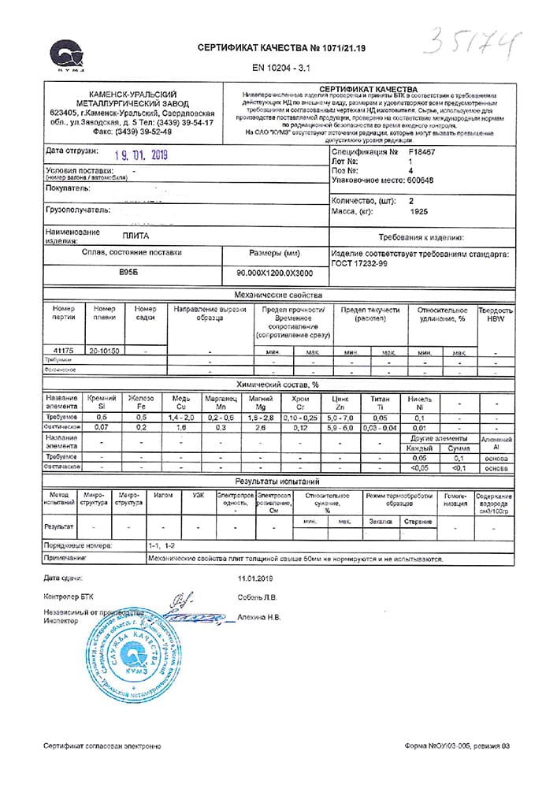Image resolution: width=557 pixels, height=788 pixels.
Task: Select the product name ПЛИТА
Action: click(x=136, y=236)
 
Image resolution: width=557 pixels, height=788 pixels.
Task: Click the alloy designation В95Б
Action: click(x=128, y=272)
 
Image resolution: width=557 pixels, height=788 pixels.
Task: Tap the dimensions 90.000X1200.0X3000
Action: click(x=274, y=273)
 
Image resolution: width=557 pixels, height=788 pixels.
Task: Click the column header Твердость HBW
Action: click(x=496, y=314)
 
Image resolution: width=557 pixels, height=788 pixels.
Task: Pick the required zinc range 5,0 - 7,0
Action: click(x=340, y=417)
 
